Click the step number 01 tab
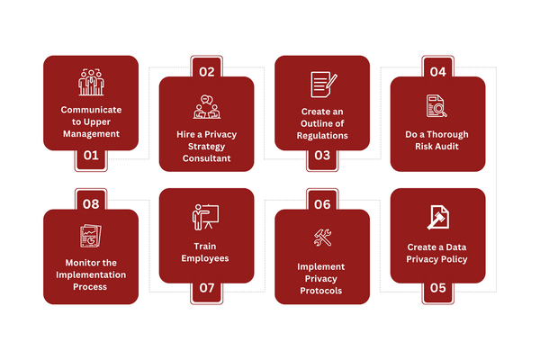tap(91, 155)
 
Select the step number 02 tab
tap(206, 71)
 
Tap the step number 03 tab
tap(321, 155)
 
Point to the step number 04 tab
tap(437, 71)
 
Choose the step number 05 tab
tap(437, 288)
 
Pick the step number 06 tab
tap(321, 204)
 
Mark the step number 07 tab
tap(206, 288)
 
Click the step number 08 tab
tap(91, 204)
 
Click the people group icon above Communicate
tap(91, 83)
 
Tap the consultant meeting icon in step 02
tap(206, 106)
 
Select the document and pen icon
tap(321, 85)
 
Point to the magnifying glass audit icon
tap(437, 106)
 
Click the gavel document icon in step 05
tap(437, 219)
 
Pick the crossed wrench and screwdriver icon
tap(321, 238)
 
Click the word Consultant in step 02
tap(206, 158)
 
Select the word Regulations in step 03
tap(321, 136)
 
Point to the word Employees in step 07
tap(206, 258)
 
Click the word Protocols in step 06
tap(321, 291)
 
